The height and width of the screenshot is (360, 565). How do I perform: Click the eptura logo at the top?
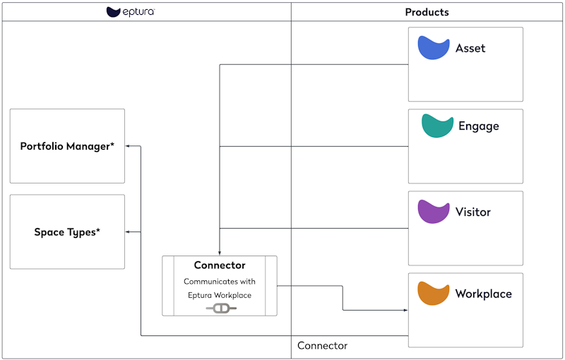(131, 12)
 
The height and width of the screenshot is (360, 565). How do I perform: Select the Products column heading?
(427, 12)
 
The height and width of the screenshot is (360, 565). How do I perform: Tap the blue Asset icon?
(434, 48)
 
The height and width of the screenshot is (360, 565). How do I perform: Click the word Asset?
(470, 49)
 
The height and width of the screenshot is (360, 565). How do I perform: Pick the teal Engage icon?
(437, 126)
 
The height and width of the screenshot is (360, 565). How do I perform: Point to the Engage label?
(479, 126)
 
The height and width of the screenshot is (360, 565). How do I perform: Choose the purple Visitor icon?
(434, 212)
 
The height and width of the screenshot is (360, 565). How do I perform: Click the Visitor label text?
(473, 212)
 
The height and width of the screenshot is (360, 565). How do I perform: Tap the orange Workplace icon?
(434, 294)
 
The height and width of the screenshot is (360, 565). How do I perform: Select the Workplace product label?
(484, 294)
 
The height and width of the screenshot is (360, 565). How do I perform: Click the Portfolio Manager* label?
(67, 146)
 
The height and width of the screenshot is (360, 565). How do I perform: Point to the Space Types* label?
(67, 232)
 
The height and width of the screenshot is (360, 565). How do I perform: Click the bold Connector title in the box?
(220, 265)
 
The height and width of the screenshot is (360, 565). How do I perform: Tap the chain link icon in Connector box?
(221, 308)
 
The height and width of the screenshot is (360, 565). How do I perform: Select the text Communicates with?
(220, 281)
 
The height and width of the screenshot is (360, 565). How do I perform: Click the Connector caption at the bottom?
(322, 346)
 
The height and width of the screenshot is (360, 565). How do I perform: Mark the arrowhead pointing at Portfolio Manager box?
(128, 146)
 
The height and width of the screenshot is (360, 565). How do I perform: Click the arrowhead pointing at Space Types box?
(128, 232)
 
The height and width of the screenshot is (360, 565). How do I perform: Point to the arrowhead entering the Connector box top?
(220, 253)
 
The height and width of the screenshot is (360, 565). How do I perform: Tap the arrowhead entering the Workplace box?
(405, 310)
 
